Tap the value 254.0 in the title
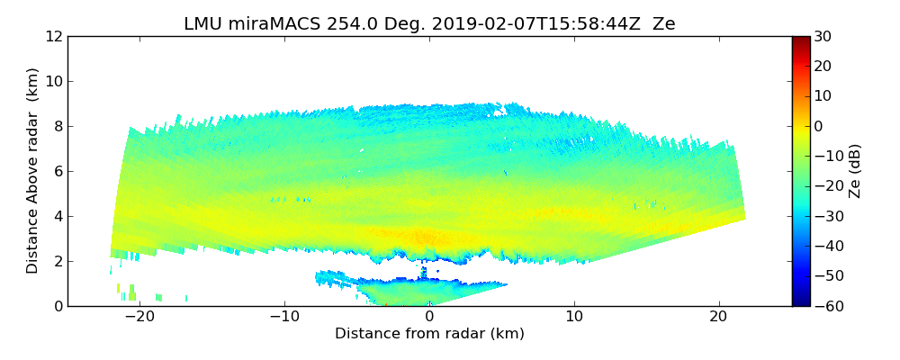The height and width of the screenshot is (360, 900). (x=351, y=24)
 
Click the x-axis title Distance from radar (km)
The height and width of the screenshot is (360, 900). (x=429, y=334)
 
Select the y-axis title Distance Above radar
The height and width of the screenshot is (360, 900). (x=33, y=171)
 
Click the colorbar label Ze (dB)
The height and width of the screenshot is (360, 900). (x=855, y=171)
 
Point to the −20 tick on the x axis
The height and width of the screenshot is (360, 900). (x=139, y=317)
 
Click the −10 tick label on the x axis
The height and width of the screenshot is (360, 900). (x=284, y=317)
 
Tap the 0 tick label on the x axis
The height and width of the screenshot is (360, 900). (x=429, y=317)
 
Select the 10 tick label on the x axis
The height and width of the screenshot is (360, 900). (x=574, y=317)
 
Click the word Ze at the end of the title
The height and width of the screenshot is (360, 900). (x=663, y=24)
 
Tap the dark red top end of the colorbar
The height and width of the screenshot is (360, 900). (x=800, y=40)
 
